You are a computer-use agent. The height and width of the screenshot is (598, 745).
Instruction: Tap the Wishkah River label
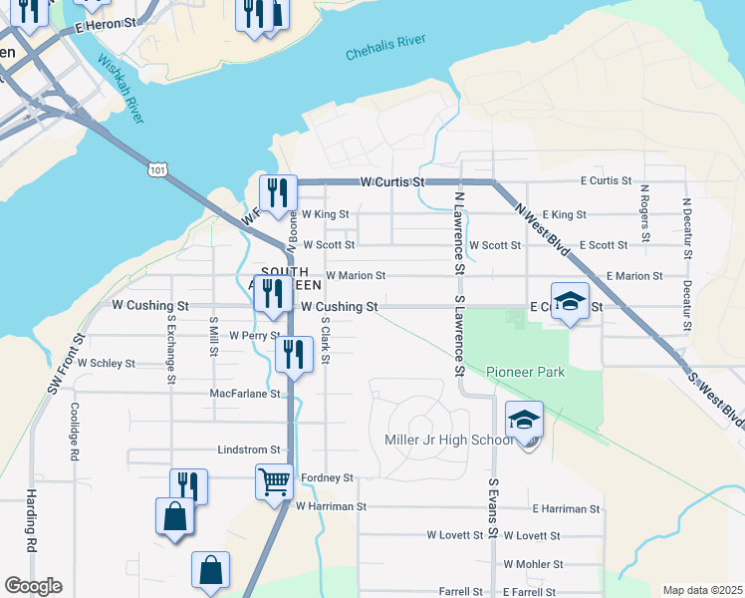[x=120, y=88]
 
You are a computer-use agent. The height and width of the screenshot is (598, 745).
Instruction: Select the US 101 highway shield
[x=157, y=170]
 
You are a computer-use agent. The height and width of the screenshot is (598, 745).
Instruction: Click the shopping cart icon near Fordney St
[x=274, y=482]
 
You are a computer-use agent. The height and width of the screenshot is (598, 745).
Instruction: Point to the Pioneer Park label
[x=525, y=372]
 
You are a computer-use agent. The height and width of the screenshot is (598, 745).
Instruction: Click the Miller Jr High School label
[x=448, y=440]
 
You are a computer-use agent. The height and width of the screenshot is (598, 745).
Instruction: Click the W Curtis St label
[x=392, y=182]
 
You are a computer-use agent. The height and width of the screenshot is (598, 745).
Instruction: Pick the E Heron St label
[x=103, y=23]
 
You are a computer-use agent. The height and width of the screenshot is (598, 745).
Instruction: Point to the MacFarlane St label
[x=245, y=394]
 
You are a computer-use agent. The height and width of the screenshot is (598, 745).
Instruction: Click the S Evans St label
[x=492, y=507]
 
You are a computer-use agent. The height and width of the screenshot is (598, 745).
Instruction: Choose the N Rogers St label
[x=644, y=212]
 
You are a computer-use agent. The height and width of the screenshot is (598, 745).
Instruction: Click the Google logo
[x=33, y=585]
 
